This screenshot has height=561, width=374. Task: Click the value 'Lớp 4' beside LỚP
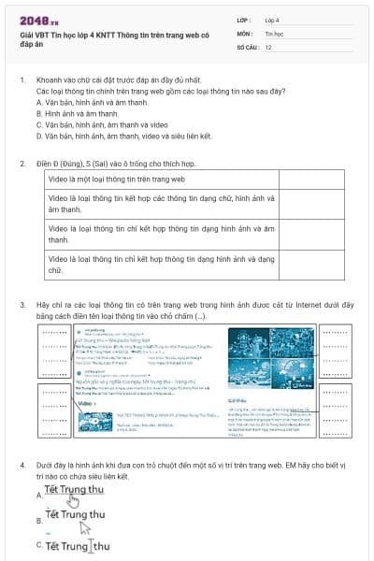click(272, 19)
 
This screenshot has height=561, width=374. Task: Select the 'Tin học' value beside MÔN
click(274, 32)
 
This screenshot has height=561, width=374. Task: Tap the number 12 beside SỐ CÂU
click(268, 45)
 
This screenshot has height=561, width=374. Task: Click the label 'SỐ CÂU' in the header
click(246, 45)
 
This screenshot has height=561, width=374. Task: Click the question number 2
click(22, 164)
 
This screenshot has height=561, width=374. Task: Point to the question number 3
click(22, 305)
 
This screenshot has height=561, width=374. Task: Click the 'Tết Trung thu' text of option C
click(78, 546)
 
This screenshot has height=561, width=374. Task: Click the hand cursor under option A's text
click(85, 501)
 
